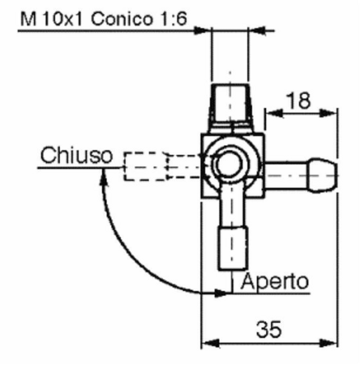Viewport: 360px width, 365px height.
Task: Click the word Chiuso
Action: click(x=76, y=155)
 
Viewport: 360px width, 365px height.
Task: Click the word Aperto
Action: click(x=274, y=281)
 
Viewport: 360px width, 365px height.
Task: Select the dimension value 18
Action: click(x=298, y=101)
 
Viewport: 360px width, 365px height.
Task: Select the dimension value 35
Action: click(x=269, y=329)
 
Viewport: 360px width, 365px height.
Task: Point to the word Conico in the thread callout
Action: click(x=122, y=19)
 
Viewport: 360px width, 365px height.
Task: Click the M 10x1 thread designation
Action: click(x=51, y=19)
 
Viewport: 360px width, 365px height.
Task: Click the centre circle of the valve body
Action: click(x=229, y=163)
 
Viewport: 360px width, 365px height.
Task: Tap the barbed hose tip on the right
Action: click(x=322, y=175)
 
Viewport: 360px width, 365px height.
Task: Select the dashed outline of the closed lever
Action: click(x=163, y=166)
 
